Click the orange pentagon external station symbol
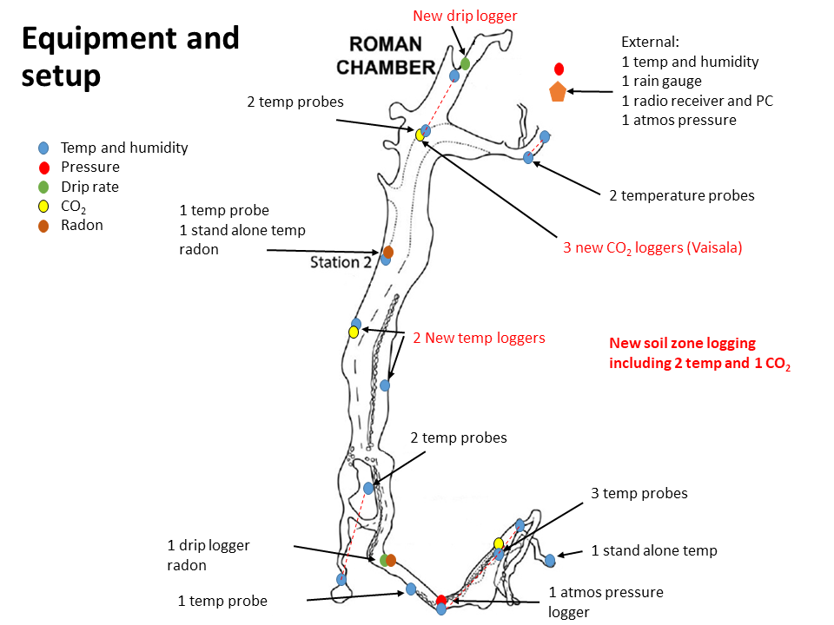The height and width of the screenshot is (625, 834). (557, 91)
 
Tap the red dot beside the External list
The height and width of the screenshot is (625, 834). (559, 69)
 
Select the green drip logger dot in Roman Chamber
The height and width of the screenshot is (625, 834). (465, 63)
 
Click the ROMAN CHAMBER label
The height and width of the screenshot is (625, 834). (386, 56)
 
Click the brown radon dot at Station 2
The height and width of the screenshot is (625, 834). (388, 252)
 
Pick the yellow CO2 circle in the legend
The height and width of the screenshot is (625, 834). (43, 207)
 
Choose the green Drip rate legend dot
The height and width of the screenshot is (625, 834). (43, 187)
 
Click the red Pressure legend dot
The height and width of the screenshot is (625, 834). (43, 168)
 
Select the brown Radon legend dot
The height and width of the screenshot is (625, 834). (43, 226)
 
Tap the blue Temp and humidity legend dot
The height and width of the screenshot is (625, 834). (43, 148)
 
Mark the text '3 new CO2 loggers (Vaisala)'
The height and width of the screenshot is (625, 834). (652, 247)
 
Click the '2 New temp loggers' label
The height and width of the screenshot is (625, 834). (479, 338)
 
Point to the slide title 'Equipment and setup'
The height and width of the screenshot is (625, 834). (129, 56)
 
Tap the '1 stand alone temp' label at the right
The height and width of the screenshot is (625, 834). (654, 550)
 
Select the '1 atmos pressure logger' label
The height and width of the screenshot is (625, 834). (606, 602)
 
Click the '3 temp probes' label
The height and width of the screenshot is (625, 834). (639, 493)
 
